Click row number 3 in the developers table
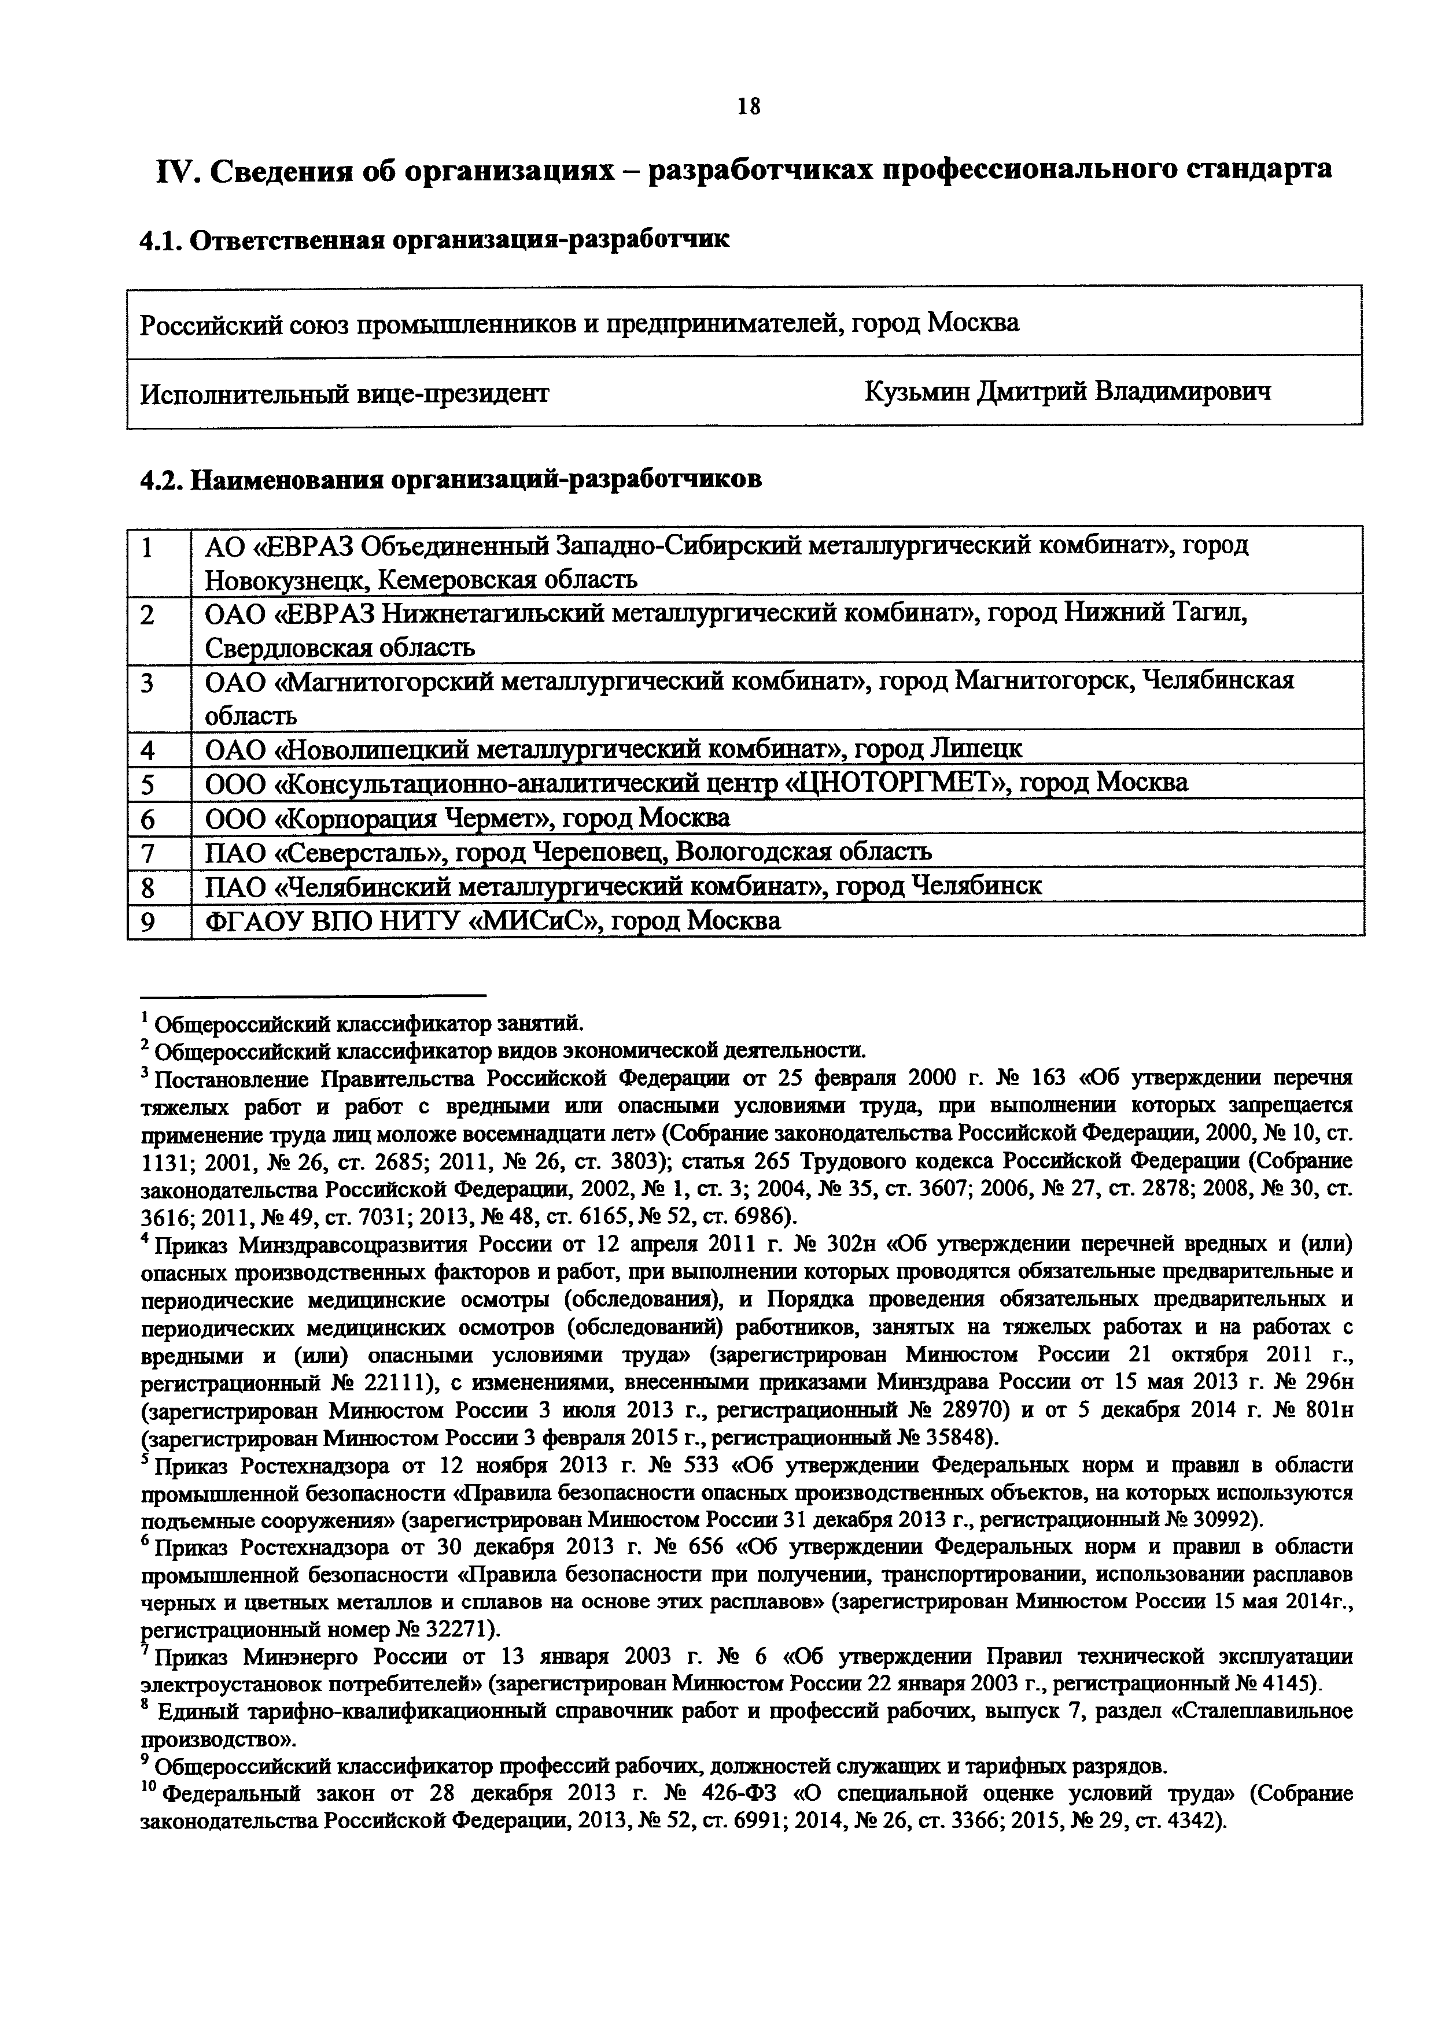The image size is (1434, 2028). pyautogui.click(x=148, y=683)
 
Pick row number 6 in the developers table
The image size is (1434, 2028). pyautogui.click(x=148, y=819)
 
